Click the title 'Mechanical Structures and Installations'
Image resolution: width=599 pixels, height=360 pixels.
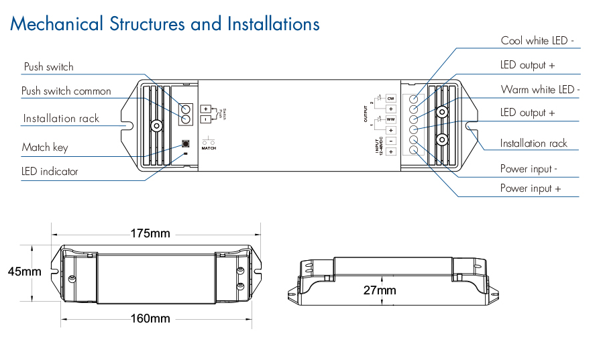pyautogui.click(x=164, y=25)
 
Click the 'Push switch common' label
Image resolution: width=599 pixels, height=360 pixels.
pyautogui.click(x=66, y=91)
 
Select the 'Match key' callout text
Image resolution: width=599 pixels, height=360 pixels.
pyautogui.click(x=45, y=147)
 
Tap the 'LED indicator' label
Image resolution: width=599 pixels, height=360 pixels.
pyautogui.click(x=50, y=172)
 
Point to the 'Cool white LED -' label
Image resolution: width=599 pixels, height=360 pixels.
pyautogui.click(x=537, y=41)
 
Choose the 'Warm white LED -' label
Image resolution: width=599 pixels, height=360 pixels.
pyautogui.click(x=540, y=90)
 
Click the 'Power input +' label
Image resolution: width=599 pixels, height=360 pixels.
pyautogui.click(x=530, y=189)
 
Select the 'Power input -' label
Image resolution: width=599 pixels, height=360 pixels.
pyautogui.click(x=529, y=169)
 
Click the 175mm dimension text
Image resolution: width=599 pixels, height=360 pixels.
pyautogui.click(x=150, y=234)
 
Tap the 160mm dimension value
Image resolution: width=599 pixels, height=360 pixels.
pyautogui.click(x=150, y=318)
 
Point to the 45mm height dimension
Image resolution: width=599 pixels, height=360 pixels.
pyautogui.click(x=24, y=272)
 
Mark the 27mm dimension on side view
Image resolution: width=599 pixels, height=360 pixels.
pyautogui.click(x=380, y=290)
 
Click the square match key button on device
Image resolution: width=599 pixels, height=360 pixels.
pyautogui.click(x=186, y=143)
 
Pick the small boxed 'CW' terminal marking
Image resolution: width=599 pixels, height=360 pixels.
pyautogui.click(x=390, y=99)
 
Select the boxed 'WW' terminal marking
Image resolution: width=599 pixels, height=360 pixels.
pyautogui.click(x=390, y=120)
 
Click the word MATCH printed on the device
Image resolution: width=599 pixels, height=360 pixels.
pyautogui.click(x=209, y=147)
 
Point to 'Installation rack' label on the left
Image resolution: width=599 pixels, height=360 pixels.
pyautogui.click(x=61, y=119)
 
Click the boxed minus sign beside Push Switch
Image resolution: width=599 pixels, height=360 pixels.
pyautogui.click(x=205, y=119)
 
